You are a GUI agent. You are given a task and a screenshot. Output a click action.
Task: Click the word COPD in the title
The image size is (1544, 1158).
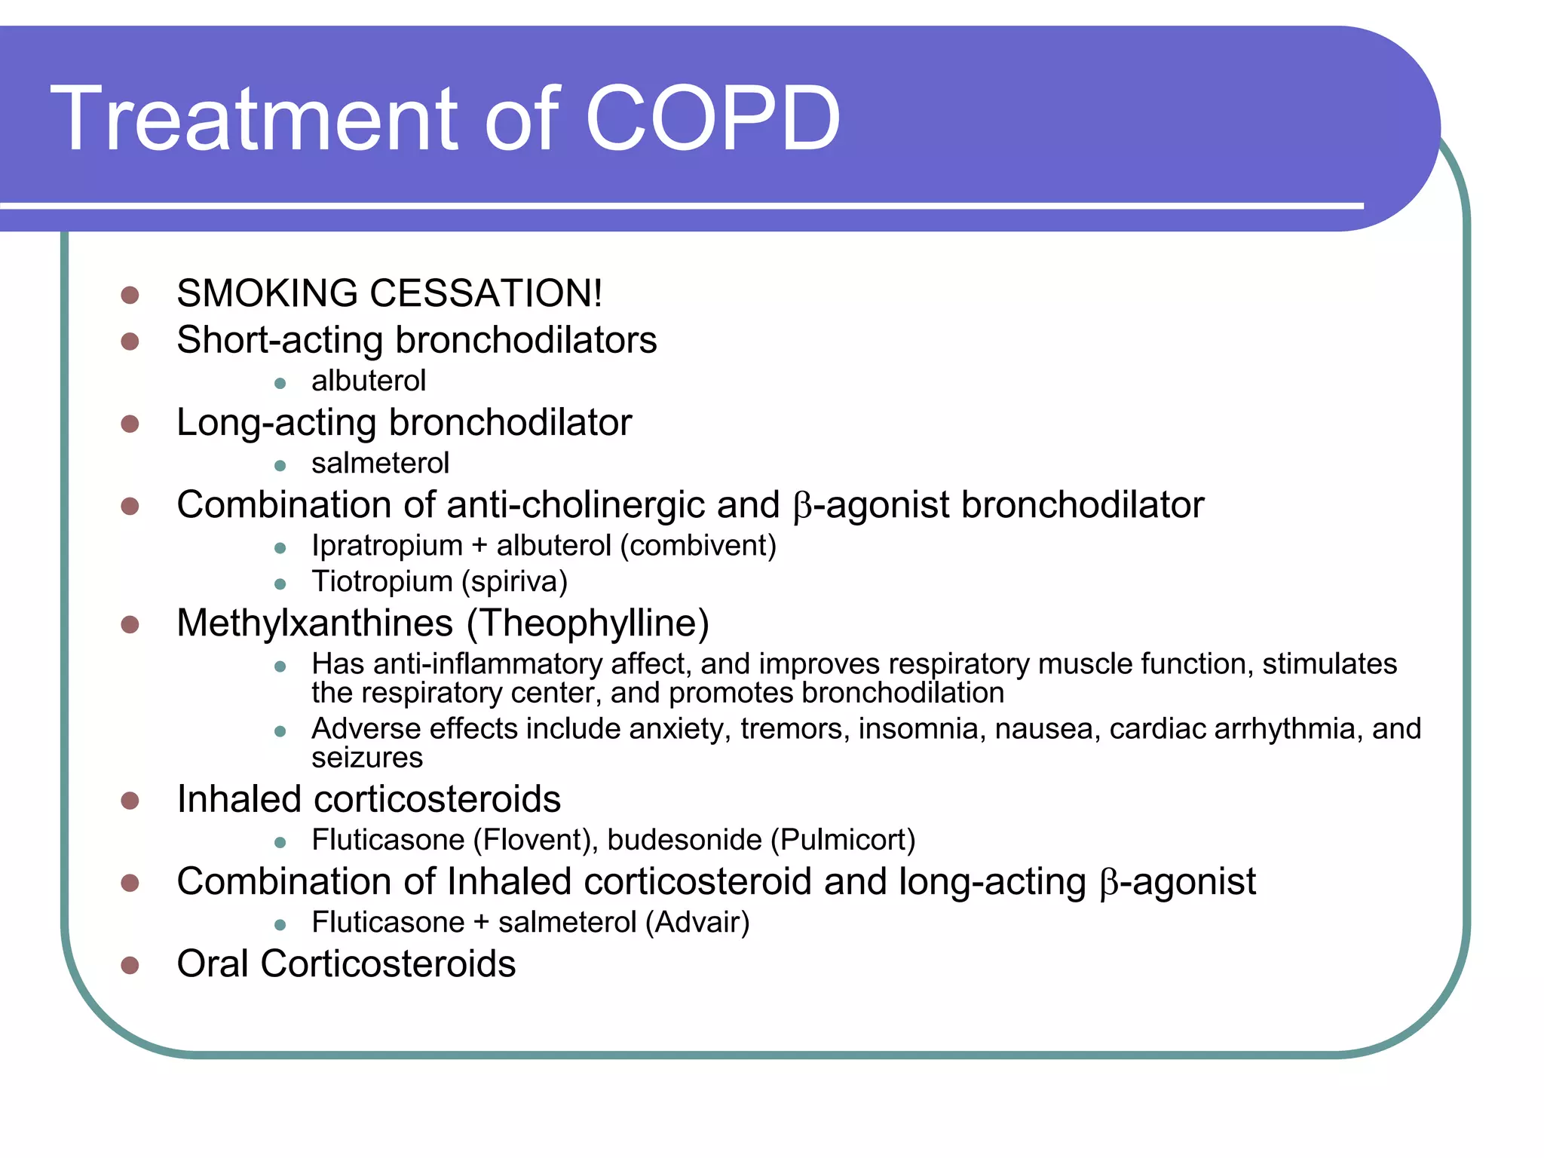pos(712,118)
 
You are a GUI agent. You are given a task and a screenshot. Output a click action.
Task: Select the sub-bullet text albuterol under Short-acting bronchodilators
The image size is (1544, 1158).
pos(369,381)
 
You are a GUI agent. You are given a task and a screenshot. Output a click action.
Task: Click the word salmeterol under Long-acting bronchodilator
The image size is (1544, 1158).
pos(380,463)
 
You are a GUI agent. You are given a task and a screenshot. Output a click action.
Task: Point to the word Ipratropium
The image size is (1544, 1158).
pos(387,545)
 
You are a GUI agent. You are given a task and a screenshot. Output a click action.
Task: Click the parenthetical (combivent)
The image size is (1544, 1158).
pos(698,545)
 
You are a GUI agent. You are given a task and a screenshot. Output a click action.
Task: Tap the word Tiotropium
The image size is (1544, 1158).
pos(381,581)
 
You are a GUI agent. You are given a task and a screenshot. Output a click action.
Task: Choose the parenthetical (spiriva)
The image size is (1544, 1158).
pos(514,581)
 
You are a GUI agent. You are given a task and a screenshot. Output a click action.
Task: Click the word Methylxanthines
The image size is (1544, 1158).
pos(314,623)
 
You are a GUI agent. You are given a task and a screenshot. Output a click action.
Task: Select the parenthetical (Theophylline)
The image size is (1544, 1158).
pos(588,623)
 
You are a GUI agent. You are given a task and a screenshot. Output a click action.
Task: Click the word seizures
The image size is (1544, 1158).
pos(367,758)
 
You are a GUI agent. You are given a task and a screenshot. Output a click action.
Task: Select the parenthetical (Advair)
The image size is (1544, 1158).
pos(697,922)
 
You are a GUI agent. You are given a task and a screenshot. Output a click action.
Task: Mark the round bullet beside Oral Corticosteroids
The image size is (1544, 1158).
pos(130,965)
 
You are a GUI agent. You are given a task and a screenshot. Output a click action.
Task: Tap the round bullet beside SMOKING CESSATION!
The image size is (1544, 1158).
pos(130,295)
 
